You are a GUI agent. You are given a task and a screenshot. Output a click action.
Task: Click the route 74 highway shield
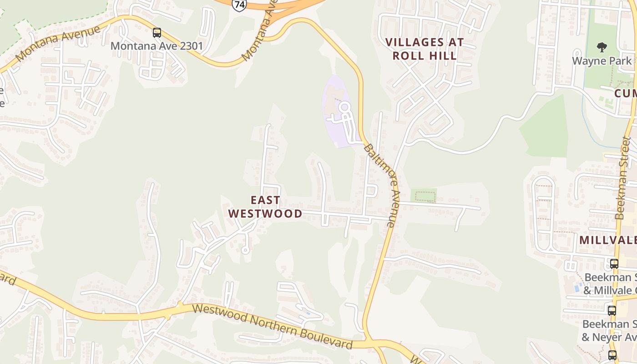point(239,5)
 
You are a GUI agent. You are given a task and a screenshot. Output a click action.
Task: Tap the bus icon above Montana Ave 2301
point(157,33)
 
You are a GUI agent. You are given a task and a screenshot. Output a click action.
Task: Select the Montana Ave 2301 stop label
point(157,46)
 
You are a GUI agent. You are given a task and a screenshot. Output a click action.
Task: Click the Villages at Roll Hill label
point(425,49)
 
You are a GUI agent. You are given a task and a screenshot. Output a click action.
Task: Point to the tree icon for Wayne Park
point(602,47)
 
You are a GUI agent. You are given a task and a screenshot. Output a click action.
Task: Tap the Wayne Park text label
point(602,61)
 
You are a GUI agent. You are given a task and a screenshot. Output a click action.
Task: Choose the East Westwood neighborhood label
point(265,207)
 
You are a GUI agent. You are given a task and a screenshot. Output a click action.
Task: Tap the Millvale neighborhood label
point(607,240)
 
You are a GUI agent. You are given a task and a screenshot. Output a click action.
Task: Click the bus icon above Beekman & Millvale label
point(614,263)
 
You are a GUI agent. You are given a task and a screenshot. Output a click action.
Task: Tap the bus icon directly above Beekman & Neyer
point(612,311)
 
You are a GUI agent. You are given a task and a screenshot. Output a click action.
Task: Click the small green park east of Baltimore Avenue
point(424,196)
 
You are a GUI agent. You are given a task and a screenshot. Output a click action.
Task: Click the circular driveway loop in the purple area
point(344,108)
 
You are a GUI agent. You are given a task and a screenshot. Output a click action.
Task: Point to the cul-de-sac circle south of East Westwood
point(246,249)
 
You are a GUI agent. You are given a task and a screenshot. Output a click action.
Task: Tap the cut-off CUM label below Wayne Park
point(625,93)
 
